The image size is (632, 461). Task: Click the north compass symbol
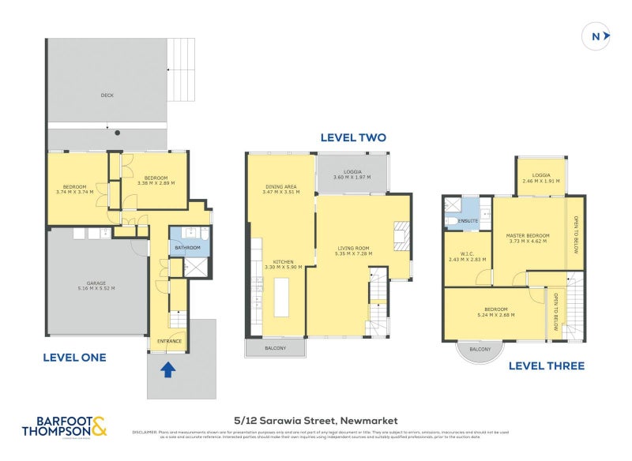596,36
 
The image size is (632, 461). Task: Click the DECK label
107,96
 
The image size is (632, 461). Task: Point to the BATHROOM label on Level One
188,248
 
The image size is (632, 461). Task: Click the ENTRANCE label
169,341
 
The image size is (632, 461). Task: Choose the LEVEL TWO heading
352,137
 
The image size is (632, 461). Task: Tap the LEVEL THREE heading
546,365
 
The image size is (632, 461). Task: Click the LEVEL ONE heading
74,358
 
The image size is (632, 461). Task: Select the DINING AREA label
281,186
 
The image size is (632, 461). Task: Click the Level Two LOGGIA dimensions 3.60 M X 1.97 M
352,178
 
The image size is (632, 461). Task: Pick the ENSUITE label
468,221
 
